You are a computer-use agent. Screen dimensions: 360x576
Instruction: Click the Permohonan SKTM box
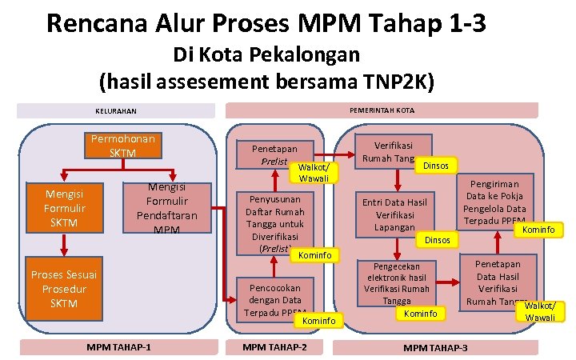coord(124,146)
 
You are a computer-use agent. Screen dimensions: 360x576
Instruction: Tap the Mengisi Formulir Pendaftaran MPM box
coord(162,208)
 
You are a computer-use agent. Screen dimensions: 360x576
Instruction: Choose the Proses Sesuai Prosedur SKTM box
coord(63,288)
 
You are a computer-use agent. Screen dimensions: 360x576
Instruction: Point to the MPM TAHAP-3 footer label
coord(436,347)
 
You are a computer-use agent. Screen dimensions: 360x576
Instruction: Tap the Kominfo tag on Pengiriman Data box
coord(538,230)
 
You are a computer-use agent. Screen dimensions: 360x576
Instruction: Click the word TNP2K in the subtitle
coord(397,81)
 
